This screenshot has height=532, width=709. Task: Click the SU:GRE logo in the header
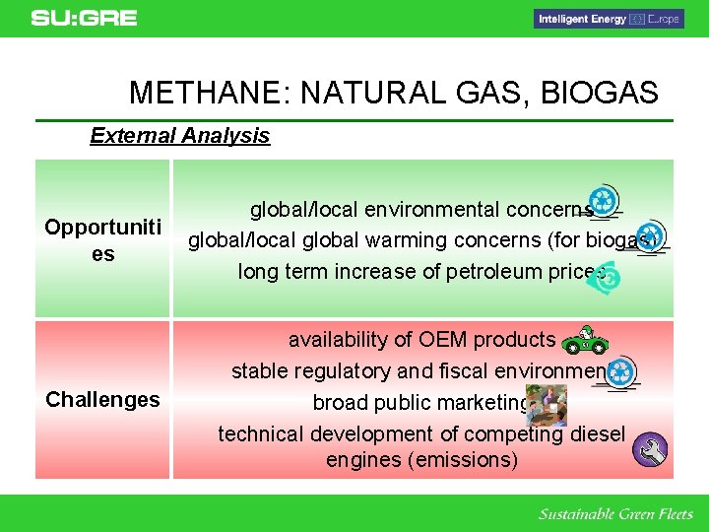(84, 18)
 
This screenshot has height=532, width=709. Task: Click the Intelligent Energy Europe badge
(608, 19)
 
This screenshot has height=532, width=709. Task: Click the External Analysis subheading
(179, 136)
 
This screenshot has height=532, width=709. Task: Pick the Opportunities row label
(102, 240)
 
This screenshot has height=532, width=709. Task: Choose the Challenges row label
(102, 399)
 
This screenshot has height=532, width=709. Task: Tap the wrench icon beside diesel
(651, 449)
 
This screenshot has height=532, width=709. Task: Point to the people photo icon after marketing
(547, 405)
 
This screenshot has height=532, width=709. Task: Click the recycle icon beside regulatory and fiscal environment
(621, 372)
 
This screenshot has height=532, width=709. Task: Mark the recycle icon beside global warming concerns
(651, 236)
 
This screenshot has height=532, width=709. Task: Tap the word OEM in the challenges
(446, 340)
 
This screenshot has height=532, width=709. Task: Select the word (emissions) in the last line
(461, 460)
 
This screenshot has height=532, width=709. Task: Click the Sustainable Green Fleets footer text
(615, 514)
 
